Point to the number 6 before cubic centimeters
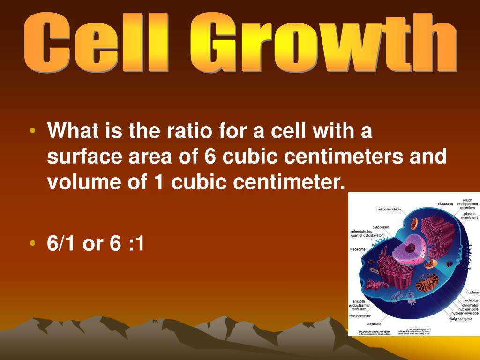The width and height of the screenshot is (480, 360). [210, 157]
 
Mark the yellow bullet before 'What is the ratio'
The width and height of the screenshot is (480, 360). [32, 130]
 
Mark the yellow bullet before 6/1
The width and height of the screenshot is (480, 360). [32, 243]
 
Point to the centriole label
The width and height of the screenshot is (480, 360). [374, 323]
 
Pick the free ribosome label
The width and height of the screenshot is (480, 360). [360, 316]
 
